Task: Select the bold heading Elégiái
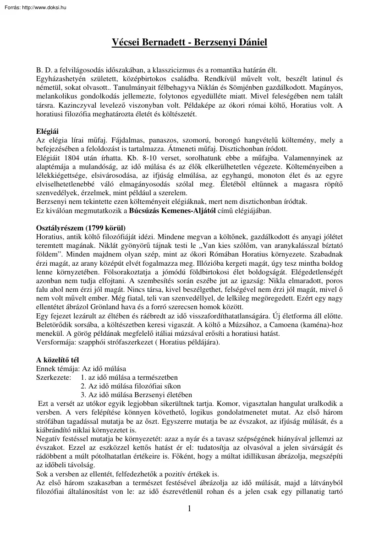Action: click(x=48, y=132)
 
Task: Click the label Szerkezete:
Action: click(x=54, y=377)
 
